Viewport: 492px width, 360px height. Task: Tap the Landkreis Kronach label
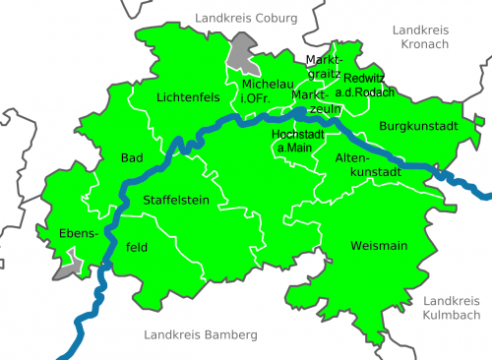(x=420, y=37)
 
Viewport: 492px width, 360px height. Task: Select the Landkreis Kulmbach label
(x=452, y=307)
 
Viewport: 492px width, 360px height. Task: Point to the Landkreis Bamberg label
(x=200, y=335)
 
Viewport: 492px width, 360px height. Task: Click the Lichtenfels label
(x=187, y=97)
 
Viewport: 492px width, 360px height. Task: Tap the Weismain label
(x=379, y=245)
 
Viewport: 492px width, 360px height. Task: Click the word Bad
(x=131, y=157)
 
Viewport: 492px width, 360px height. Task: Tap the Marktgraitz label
(x=323, y=66)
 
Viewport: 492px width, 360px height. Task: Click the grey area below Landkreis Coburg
(x=240, y=51)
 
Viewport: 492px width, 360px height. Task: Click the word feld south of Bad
(x=137, y=248)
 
